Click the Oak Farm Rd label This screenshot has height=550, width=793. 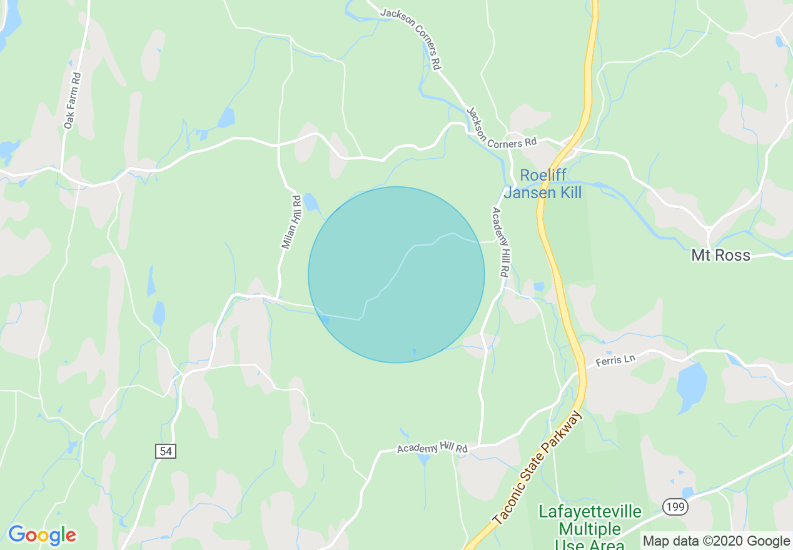(x=73, y=101)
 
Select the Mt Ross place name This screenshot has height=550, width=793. (x=720, y=255)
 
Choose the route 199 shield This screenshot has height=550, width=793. (x=675, y=506)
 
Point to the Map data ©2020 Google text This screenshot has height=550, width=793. (x=717, y=541)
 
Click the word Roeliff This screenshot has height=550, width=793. (x=543, y=176)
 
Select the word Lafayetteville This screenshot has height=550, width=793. (x=590, y=512)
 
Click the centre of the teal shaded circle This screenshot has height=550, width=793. (x=396, y=274)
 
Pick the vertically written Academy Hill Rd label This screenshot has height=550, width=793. (x=500, y=242)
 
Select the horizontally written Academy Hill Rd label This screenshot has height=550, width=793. (x=432, y=449)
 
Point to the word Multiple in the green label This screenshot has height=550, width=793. (x=590, y=529)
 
